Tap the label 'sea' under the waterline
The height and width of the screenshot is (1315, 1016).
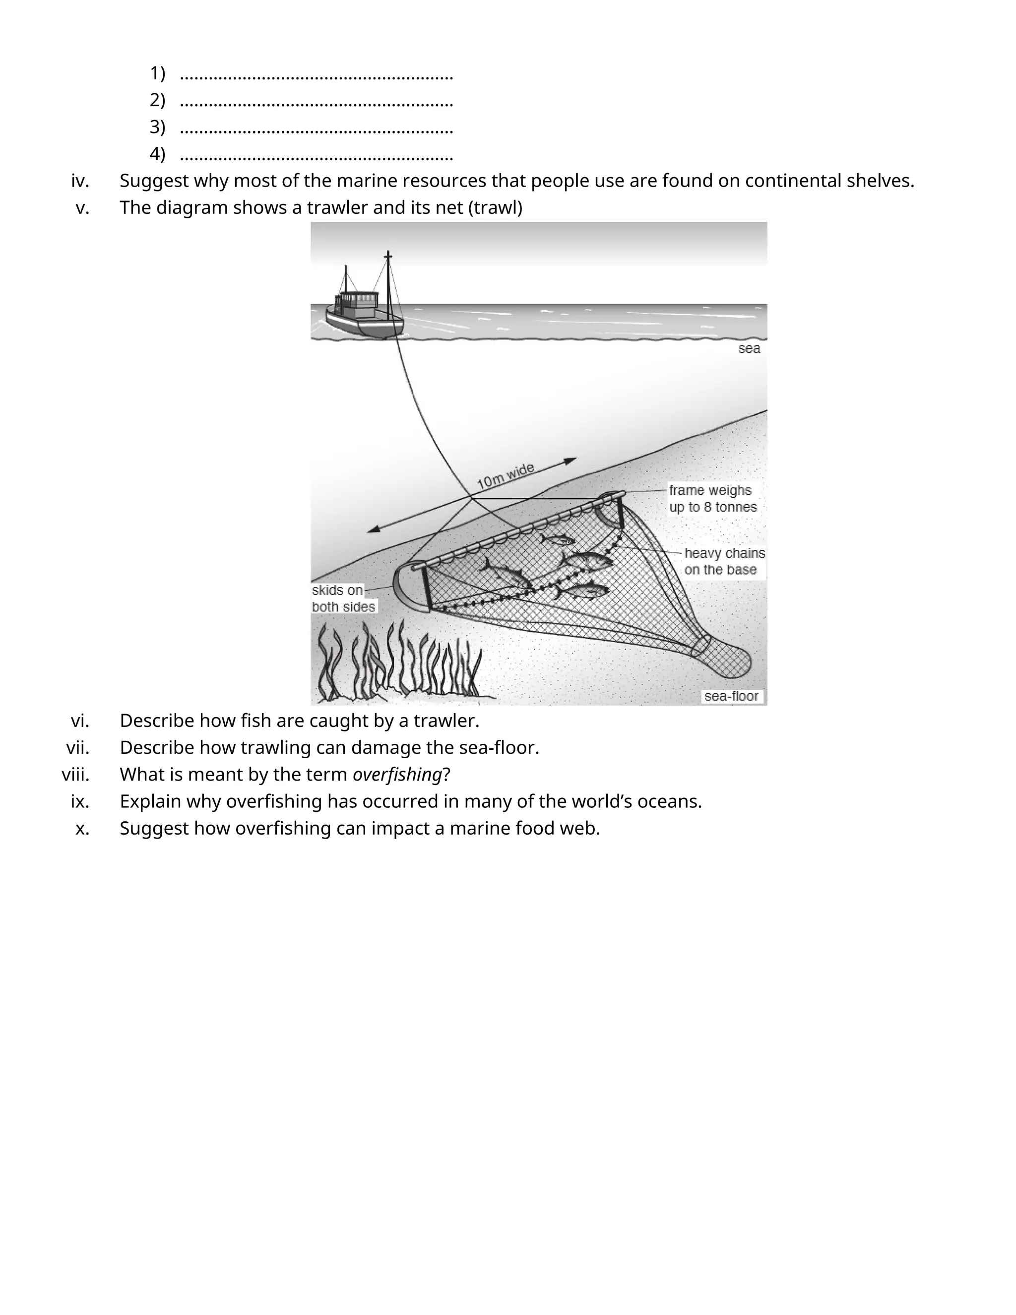[749, 349]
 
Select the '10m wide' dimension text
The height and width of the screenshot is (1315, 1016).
[505, 476]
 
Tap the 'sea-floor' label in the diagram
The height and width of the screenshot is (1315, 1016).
[731, 696]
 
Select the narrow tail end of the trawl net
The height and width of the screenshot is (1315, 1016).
[728, 660]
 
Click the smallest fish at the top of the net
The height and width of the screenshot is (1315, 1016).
[557, 539]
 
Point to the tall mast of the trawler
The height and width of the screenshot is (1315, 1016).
[388, 283]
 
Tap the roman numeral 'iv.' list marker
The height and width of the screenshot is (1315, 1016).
[80, 181]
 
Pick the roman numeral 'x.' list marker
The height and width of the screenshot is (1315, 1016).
[82, 829]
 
